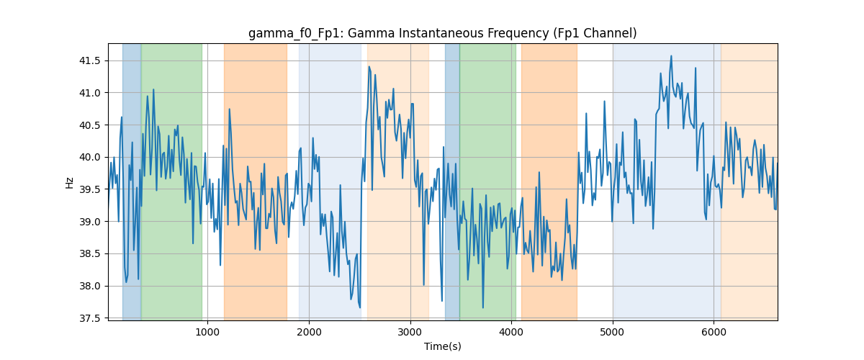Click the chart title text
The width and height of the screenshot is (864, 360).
(x=442, y=33)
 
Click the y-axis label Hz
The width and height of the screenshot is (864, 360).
(x=69, y=182)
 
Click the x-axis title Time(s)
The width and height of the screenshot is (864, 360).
(x=442, y=346)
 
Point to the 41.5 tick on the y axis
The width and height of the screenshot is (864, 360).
(x=89, y=60)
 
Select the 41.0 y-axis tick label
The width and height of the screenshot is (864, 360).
(x=89, y=93)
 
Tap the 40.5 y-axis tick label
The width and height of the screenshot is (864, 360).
(x=89, y=125)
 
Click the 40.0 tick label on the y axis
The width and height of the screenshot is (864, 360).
(x=89, y=157)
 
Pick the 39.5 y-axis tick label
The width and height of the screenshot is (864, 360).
(x=89, y=189)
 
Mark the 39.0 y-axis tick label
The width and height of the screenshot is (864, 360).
(x=89, y=222)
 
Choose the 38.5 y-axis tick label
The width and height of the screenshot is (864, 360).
(x=89, y=254)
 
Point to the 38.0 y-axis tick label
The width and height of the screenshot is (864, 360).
(x=89, y=286)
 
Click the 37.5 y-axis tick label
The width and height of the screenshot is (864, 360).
(x=89, y=318)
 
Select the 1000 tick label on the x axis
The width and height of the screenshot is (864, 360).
(x=207, y=332)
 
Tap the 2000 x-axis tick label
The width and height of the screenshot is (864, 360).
(x=309, y=332)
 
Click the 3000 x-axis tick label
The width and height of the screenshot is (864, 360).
(x=410, y=332)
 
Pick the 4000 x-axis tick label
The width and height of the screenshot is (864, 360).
(x=511, y=332)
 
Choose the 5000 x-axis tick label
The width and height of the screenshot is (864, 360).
(x=613, y=332)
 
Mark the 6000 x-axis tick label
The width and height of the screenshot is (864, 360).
(x=714, y=332)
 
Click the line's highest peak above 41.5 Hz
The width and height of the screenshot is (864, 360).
(x=671, y=56)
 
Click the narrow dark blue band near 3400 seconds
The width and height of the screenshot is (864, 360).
(x=452, y=181)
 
